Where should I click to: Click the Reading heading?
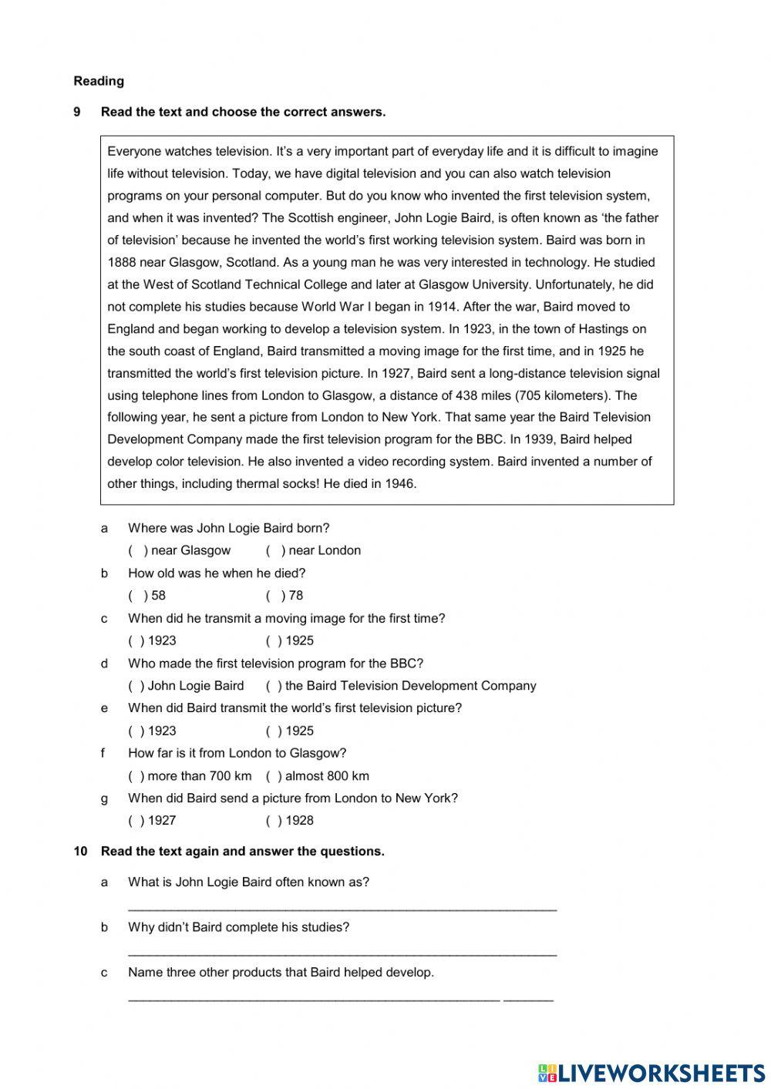coord(99,81)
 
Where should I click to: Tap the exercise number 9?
coord(77,112)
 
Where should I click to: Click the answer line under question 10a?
coord(342,907)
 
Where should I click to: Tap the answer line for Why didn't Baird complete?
coord(342,953)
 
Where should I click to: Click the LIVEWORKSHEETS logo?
coord(651,1072)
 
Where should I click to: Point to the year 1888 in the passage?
coord(122,262)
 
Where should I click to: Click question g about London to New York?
coord(293,798)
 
